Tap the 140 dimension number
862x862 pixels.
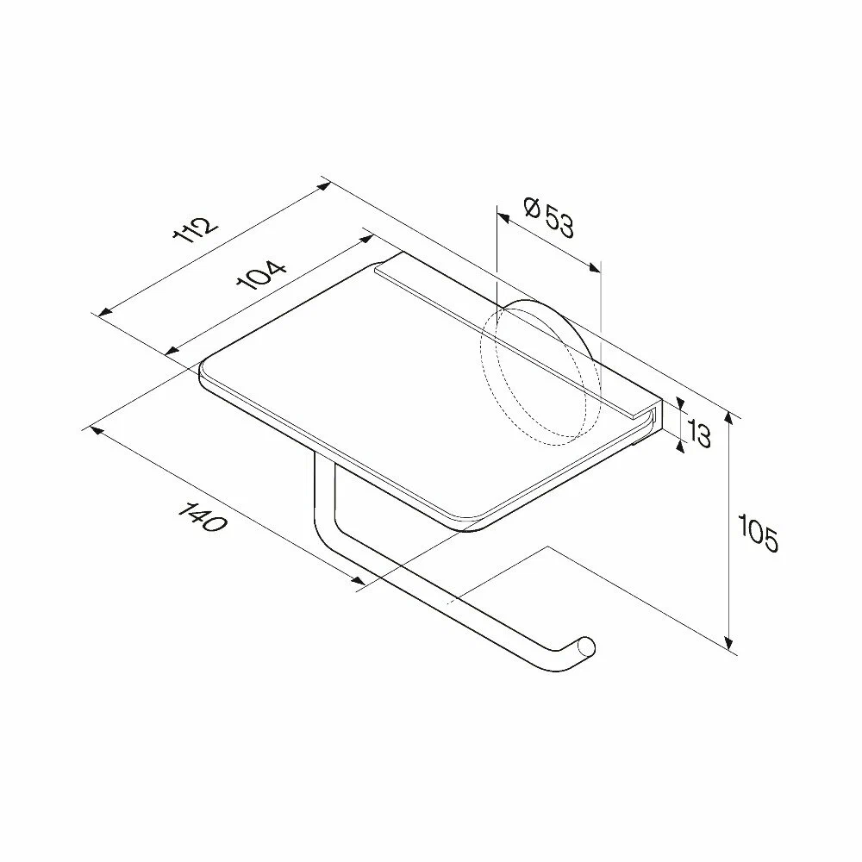click(x=202, y=516)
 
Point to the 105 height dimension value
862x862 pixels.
click(x=758, y=534)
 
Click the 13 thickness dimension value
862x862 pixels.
click(x=699, y=434)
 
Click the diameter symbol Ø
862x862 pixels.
click(x=532, y=208)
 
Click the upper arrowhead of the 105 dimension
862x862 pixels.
click(x=729, y=418)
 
